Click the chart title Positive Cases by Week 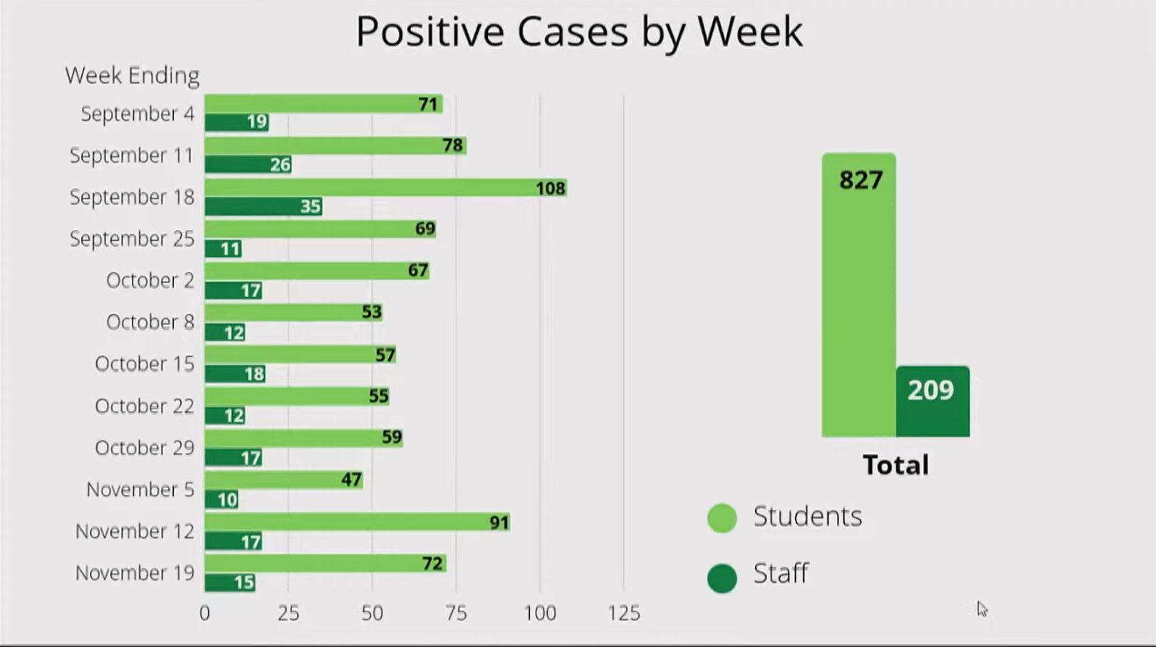pyautogui.click(x=578, y=32)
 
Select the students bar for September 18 pyautogui.click(x=385, y=188)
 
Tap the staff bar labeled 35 pyautogui.click(x=263, y=206)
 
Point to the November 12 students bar pyautogui.click(x=356, y=522)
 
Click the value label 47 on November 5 pyautogui.click(x=351, y=480)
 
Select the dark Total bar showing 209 pyautogui.click(x=932, y=401)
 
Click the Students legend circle pyautogui.click(x=722, y=518)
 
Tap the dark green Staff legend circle pyautogui.click(x=722, y=578)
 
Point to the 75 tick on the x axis pyautogui.click(x=456, y=613)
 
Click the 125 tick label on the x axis pyautogui.click(x=624, y=613)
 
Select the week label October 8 pyautogui.click(x=150, y=322)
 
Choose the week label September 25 pyautogui.click(x=132, y=239)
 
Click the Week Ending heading pyautogui.click(x=132, y=75)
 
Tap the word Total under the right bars pyautogui.click(x=895, y=465)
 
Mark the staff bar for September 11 pyautogui.click(x=247, y=164)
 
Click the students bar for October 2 pyautogui.click(x=316, y=270)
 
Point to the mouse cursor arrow pyautogui.click(x=982, y=609)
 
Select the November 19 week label pyautogui.click(x=135, y=573)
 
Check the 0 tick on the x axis pyautogui.click(x=204, y=613)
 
